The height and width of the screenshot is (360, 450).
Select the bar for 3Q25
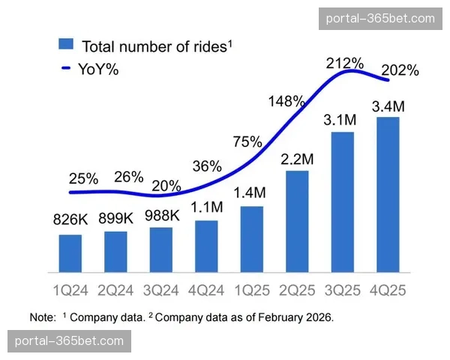[x=342, y=202]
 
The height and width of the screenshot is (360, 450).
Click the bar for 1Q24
[x=70, y=253]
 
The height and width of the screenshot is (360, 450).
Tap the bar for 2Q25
[x=297, y=221]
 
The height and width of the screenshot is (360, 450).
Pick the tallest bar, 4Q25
[x=388, y=194]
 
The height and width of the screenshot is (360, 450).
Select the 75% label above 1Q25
[x=247, y=142]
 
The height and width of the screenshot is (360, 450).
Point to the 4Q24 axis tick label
[x=205, y=288]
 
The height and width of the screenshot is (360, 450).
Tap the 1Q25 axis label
[x=251, y=288]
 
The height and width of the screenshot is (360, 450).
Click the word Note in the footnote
[x=43, y=317]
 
